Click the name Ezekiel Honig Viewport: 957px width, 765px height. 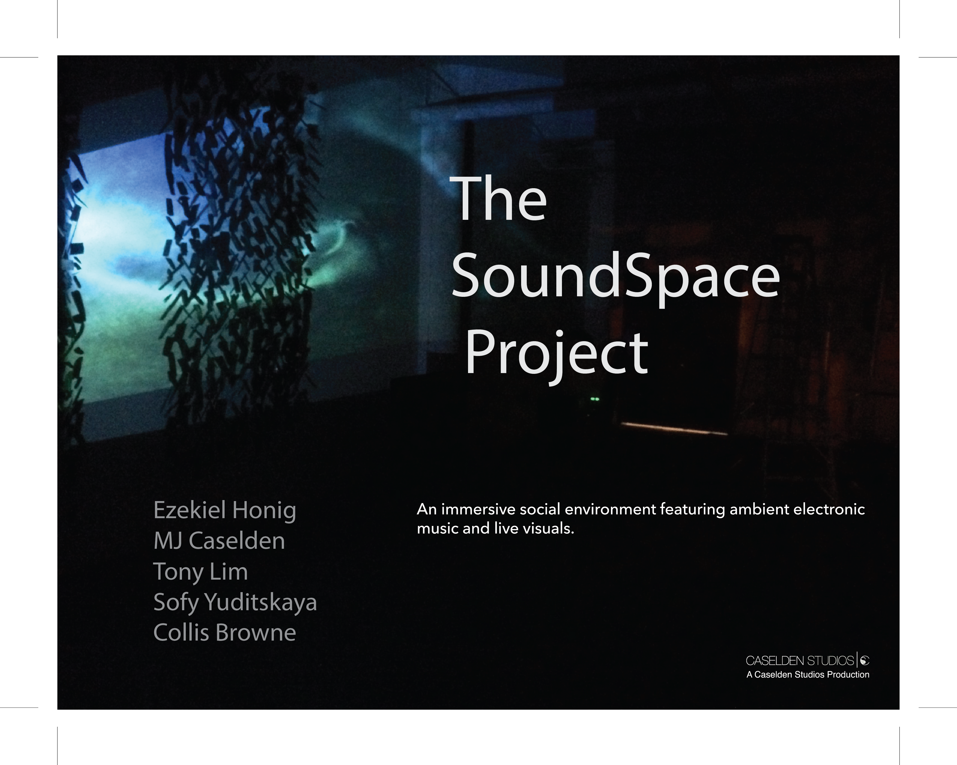pos(225,511)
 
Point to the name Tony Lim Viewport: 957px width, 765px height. pos(200,572)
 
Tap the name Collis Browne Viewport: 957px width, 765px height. pos(225,632)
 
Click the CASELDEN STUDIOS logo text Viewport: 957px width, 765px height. pos(800,661)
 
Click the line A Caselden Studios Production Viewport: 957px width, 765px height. pos(808,674)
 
